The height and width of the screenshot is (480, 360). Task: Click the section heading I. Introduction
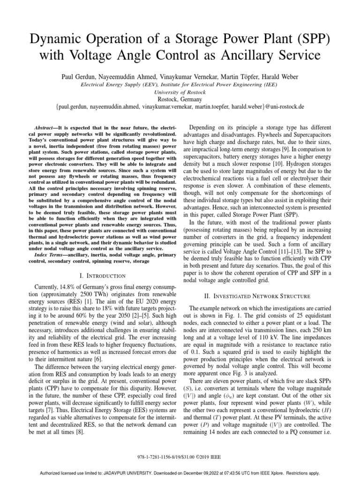coord(97,276)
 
